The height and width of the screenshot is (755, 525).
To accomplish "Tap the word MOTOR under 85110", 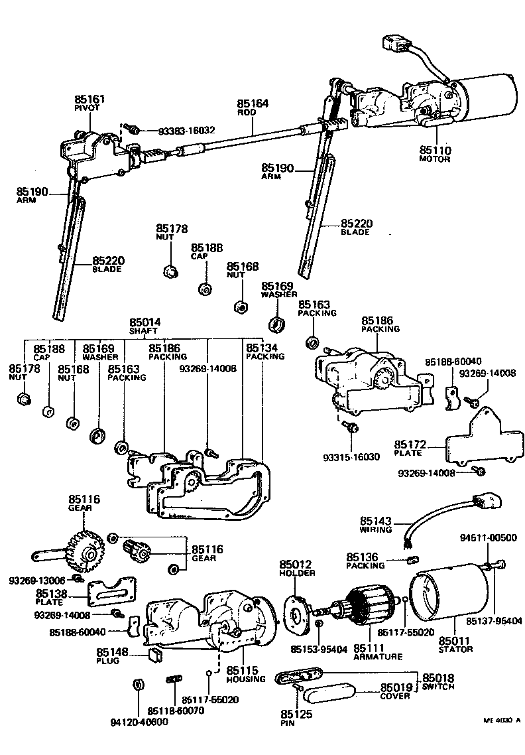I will tap(434, 159).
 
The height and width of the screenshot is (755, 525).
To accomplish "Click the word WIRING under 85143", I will tap(376, 529).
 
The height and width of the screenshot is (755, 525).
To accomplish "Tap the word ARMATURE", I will tap(378, 657).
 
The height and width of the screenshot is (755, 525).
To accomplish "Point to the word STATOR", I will tap(455, 650).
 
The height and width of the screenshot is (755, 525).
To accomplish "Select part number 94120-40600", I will tap(139, 722).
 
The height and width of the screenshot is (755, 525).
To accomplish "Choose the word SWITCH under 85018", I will tap(438, 687).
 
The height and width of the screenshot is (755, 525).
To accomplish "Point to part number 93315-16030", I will tap(352, 457).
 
